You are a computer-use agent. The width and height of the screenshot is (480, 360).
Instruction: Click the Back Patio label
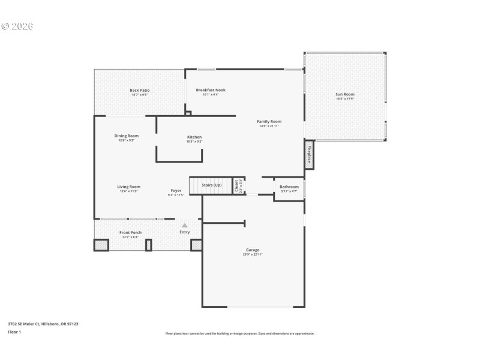click(x=139, y=90)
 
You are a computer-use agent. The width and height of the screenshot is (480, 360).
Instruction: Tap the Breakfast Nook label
click(x=211, y=90)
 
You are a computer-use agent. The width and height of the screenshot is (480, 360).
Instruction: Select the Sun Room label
click(x=344, y=94)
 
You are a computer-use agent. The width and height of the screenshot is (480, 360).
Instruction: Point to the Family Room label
click(x=269, y=121)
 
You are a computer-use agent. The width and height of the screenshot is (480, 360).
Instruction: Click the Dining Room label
click(x=127, y=136)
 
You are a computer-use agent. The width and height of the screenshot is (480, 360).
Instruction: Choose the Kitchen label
click(x=194, y=137)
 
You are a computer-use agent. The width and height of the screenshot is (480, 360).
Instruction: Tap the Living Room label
click(x=128, y=187)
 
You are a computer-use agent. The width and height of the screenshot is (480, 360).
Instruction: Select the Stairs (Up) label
click(x=211, y=185)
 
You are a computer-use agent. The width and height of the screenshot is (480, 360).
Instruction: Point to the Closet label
click(x=236, y=186)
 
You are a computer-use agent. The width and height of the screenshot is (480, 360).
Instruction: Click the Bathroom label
click(x=289, y=187)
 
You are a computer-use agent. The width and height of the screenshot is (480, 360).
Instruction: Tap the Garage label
click(x=253, y=250)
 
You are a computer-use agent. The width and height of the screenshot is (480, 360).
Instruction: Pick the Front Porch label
click(x=130, y=232)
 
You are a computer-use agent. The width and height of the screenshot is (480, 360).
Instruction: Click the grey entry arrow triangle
click(x=184, y=225)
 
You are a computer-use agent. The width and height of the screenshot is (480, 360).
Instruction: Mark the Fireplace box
click(x=310, y=155)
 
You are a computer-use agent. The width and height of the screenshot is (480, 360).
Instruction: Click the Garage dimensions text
click(x=253, y=254)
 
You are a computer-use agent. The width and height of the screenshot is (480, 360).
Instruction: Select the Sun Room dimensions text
click(x=344, y=99)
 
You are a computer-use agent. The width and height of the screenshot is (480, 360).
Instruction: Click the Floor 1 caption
click(x=14, y=331)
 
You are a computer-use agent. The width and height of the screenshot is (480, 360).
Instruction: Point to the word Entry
click(x=184, y=232)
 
